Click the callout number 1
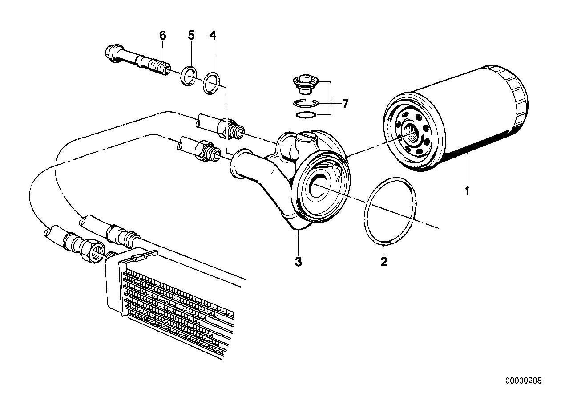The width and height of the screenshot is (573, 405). tap(467, 192)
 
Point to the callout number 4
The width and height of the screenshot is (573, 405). tap(213, 35)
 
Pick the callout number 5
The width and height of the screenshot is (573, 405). tap(191, 35)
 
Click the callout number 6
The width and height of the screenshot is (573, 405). tap(162, 35)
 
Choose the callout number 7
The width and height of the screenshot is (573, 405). tap(345, 104)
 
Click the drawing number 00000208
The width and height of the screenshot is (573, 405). tap(523, 381)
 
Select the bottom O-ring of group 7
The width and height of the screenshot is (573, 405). tap(306, 116)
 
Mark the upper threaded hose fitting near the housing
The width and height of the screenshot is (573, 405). tap(234, 129)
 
